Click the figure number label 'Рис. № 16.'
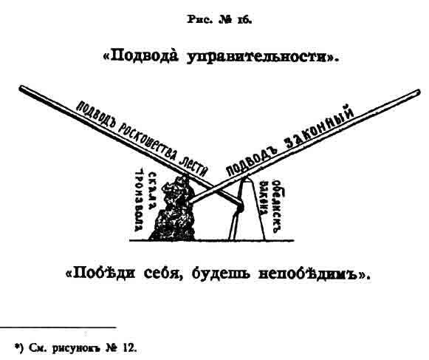click(x=219, y=20)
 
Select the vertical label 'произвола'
click(x=140, y=200)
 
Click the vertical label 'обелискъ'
click(x=278, y=206)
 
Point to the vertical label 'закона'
click(x=264, y=198)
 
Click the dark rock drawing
click(x=174, y=210)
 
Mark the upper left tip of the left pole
click(x=21, y=88)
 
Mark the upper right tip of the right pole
click(x=418, y=92)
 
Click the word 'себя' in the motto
click(x=163, y=274)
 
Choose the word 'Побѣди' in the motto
click(x=104, y=273)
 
